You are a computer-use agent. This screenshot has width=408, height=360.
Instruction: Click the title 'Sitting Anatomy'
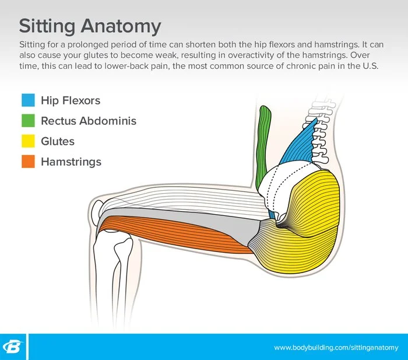coord(90,26)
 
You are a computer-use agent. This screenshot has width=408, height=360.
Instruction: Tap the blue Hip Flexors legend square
coord(28,100)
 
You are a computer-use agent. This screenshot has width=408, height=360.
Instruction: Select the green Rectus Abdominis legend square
coord(28,121)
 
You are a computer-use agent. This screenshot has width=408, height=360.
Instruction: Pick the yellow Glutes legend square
coord(28,141)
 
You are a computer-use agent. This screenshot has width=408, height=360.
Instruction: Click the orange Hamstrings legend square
coord(28,162)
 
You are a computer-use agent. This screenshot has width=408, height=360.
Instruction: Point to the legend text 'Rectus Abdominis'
coord(89,121)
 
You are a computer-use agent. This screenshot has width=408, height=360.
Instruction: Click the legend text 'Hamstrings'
coord(71,162)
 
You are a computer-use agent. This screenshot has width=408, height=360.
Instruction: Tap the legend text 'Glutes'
coord(58,141)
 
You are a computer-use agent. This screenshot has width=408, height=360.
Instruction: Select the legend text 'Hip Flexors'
coord(71,100)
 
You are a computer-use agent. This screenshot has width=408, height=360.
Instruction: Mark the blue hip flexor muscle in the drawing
coord(300,146)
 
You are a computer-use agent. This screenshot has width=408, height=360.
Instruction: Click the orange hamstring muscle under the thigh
coord(175,233)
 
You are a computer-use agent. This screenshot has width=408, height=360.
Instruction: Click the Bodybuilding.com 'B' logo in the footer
coord(13,347)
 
